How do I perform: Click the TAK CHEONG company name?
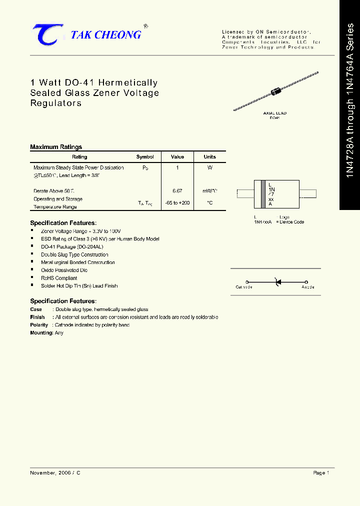pos(106,35)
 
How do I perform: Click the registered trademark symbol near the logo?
pos(145,26)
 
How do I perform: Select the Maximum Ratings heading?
pos(56,147)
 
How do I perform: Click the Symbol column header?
pos(145,157)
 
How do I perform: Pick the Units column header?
pos(209,157)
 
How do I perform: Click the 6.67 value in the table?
pos(177,191)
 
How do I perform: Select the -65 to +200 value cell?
pos(177,202)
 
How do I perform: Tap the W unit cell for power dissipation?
pos(209,168)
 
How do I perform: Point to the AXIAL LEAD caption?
pos(275,113)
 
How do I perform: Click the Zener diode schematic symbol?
pos(277,282)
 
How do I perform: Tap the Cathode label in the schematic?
pos(244,287)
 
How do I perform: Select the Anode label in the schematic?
pos(308,287)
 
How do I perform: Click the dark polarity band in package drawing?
pos(263,193)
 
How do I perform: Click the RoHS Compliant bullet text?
pos(59,278)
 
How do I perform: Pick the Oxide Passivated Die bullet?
pos(60,270)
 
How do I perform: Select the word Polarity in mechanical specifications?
pos(38,325)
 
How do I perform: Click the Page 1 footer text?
pos(321,472)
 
